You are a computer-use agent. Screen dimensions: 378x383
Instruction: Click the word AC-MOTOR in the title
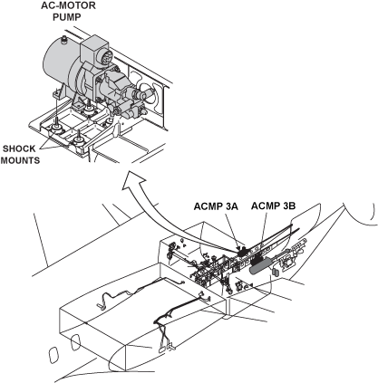click(x=68, y=5)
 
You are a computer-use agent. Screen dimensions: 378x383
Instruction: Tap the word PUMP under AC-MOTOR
click(x=67, y=17)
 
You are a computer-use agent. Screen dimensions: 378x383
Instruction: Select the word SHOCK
click(x=19, y=148)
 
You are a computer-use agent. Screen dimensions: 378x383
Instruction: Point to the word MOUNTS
click(x=20, y=160)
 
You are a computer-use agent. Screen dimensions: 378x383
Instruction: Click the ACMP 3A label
click(x=216, y=206)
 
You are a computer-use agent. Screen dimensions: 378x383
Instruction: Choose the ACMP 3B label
click(x=273, y=206)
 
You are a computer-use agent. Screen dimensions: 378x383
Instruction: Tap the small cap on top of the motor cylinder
click(x=64, y=40)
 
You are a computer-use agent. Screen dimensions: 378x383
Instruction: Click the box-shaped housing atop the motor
click(x=94, y=50)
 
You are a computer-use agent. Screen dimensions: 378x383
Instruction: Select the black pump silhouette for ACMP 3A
click(x=243, y=252)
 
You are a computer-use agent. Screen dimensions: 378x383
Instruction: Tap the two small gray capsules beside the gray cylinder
click(x=276, y=272)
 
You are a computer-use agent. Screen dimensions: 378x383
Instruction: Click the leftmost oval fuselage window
click(x=53, y=355)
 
